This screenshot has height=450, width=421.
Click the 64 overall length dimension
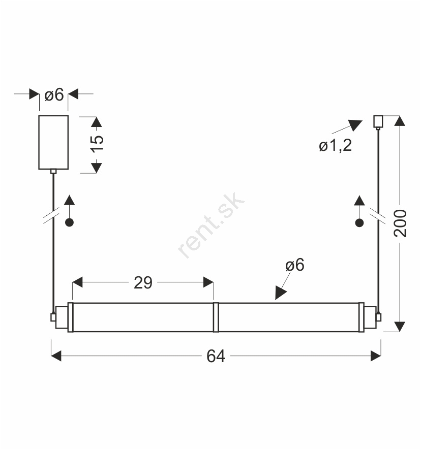pyautogui.click(x=216, y=356)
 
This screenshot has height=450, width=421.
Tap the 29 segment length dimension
pyautogui.click(x=143, y=283)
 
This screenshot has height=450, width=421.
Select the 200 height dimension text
pyautogui.click(x=400, y=223)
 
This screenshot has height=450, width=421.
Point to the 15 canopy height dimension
pyautogui.click(x=97, y=144)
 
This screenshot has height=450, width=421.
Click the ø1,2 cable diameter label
pyautogui.click(x=336, y=145)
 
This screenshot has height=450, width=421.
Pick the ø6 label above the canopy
pyautogui.click(x=54, y=94)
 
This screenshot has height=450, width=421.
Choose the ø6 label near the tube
pyautogui.click(x=295, y=265)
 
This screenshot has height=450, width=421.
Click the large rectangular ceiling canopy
pyautogui.click(x=53, y=142)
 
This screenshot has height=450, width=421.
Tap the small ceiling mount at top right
pyautogui.click(x=378, y=121)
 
